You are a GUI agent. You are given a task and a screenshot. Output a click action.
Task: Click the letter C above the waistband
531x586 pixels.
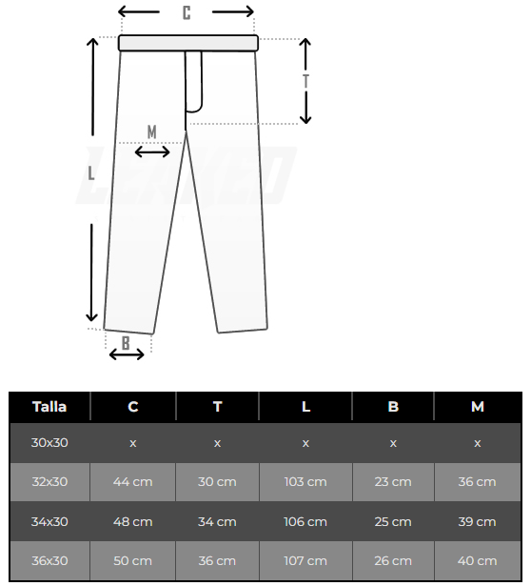click(187, 12)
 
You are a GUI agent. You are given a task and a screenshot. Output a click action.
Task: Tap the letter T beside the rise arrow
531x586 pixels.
click(306, 81)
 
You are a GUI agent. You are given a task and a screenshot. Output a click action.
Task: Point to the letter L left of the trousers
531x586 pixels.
click(90, 173)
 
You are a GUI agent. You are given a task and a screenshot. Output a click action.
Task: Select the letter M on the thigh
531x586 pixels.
click(152, 131)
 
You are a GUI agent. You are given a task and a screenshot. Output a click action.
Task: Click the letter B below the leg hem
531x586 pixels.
click(126, 343)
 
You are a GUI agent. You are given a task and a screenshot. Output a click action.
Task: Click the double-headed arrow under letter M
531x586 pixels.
click(152, 152)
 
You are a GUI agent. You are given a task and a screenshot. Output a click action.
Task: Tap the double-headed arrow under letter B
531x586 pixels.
click(127, 354)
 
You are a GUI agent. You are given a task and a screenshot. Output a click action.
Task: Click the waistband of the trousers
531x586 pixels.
click(188, 43)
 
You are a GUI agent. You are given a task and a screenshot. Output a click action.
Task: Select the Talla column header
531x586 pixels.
click(49, 407)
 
